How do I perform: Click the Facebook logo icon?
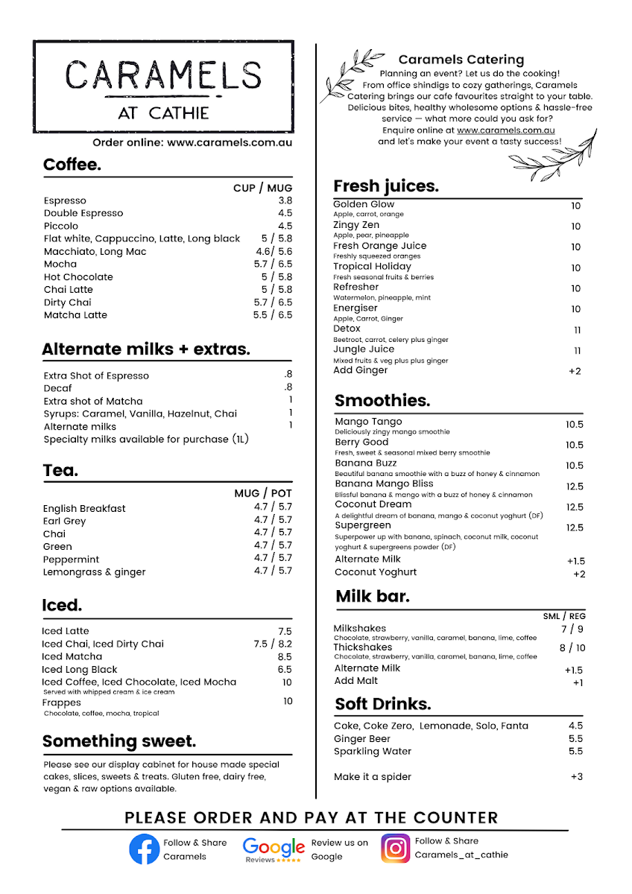tap(144, 849)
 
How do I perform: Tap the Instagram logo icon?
tap(396, 848)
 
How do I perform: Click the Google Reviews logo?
tap(274, 849)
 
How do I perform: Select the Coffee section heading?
tap(72, 165)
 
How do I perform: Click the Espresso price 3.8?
tap(285, 200)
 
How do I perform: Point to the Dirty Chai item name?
tap(67, 302)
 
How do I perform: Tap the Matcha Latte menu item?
tap(75, 315)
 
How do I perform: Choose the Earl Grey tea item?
tap(64, 521)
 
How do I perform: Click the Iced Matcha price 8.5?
tap(285, 657)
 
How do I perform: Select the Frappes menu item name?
tap(61, 703)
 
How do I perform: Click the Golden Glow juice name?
tap(364, 204)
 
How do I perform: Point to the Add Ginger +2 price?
tap(574, 371)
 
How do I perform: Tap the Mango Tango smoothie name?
tap(368, 422)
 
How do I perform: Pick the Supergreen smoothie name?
tap(363, 525)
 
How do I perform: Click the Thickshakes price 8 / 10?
tap(572, 648)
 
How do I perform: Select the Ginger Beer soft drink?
tap(361, 739)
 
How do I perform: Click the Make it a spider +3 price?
tap(576, 777)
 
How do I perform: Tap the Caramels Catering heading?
tap(461, 60)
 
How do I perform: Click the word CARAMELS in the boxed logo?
tap(163, 75)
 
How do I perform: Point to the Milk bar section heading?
tap(373, 596)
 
